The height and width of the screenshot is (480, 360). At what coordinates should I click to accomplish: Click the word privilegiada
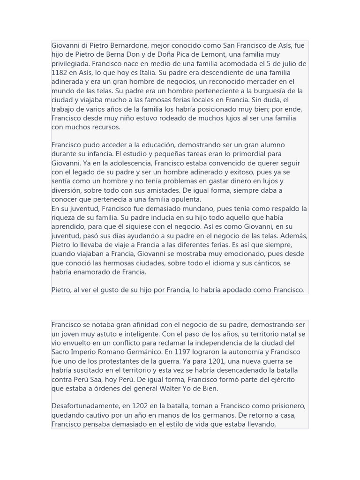[70, 64]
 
